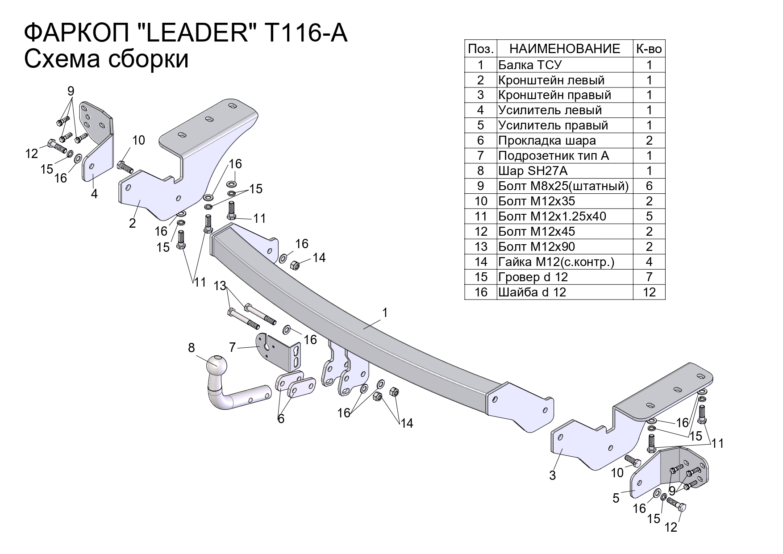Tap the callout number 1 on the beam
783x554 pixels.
point(385,312)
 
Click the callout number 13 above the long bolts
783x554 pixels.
point(220,285)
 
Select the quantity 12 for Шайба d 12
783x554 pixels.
point(649,292)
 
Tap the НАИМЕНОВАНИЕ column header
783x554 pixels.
point(565,49)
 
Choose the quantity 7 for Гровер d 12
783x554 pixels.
point(649,277)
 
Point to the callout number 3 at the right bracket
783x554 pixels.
point(552,475)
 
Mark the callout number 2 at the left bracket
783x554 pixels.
point(132,223)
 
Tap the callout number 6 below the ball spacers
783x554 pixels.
point(281,419)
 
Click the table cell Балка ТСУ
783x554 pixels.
point(529,65)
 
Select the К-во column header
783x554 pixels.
point(649,49)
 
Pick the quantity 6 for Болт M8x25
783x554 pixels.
point(649,186)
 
